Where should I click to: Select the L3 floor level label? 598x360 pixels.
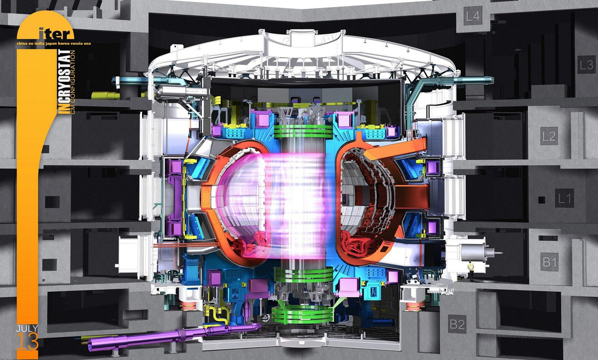click(x=586, y=65)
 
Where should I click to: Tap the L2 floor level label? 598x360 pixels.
click(x=549, y=136)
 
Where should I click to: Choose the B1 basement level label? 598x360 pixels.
click(x=550, y=262)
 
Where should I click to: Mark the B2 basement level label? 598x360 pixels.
click(x=457, y=325)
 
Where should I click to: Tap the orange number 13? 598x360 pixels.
click(x=27, y=342)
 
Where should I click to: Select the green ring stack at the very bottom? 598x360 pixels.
click(x=303, y=313)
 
